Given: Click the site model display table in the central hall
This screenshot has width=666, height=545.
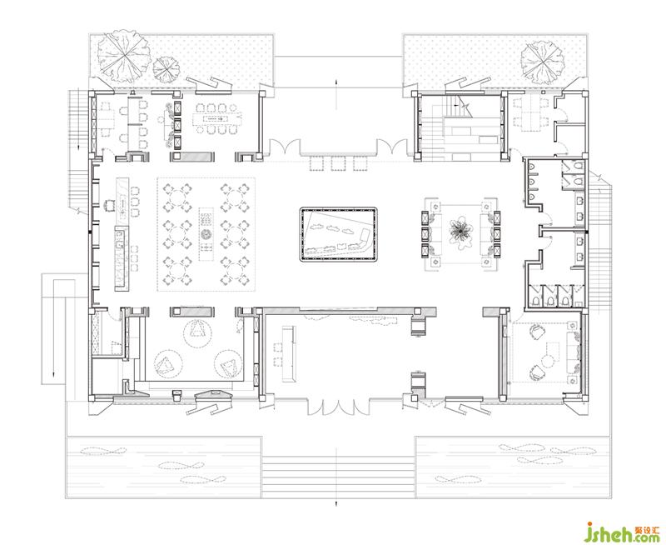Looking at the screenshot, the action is tap(338, 234).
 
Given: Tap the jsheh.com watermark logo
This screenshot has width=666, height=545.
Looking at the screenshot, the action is tap(623, 532).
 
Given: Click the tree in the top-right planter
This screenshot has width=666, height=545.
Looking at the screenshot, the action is tap(543, 62).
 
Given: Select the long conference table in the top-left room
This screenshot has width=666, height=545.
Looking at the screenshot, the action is tap(216, 118).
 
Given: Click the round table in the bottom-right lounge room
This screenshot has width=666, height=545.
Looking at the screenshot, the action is tap(548, 361).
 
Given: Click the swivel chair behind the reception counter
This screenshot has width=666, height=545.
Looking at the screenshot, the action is tap(110, 205).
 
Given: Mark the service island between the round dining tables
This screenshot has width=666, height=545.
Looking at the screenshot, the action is tap(206, 234).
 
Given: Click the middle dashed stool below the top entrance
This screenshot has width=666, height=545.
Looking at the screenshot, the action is tap(338, 163).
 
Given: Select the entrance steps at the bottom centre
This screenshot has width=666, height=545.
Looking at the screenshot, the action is tap(338, 476).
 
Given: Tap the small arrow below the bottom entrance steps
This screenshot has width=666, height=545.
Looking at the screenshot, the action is tap(337, 504).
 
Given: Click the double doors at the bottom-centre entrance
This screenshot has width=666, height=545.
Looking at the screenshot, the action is tap(338, 407).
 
